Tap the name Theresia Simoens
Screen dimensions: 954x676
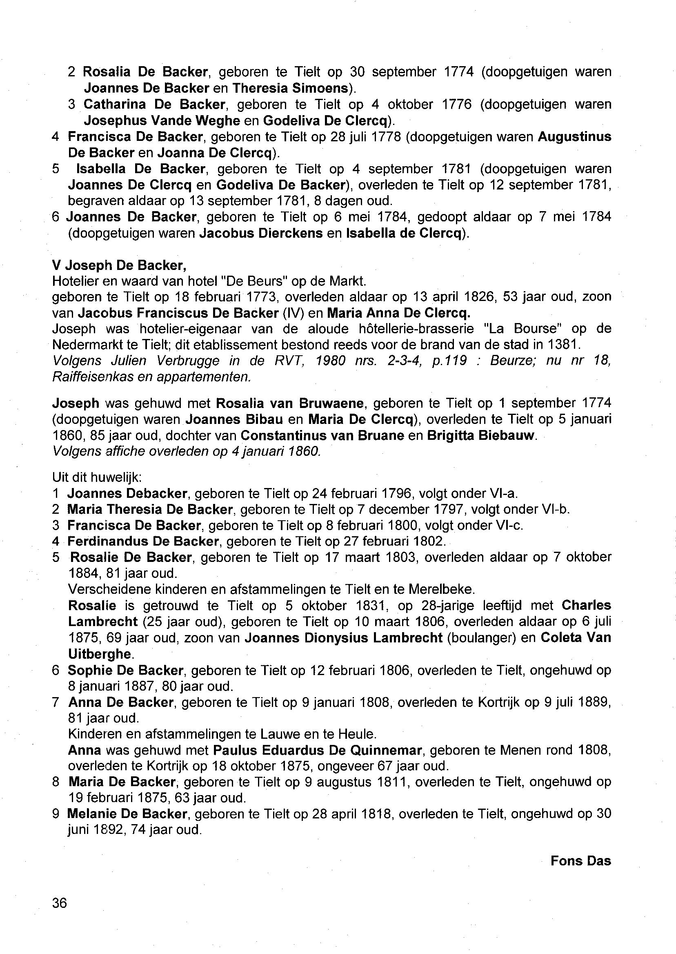[290, 88]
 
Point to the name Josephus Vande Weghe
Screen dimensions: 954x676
[162, 121]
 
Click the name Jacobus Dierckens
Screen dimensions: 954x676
[261, 233]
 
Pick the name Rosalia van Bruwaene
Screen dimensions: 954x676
[290, 403]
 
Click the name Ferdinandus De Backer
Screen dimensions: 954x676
[143, 542]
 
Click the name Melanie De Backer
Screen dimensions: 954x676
[127, 814]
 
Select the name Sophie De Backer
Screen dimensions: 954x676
[125, 671]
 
